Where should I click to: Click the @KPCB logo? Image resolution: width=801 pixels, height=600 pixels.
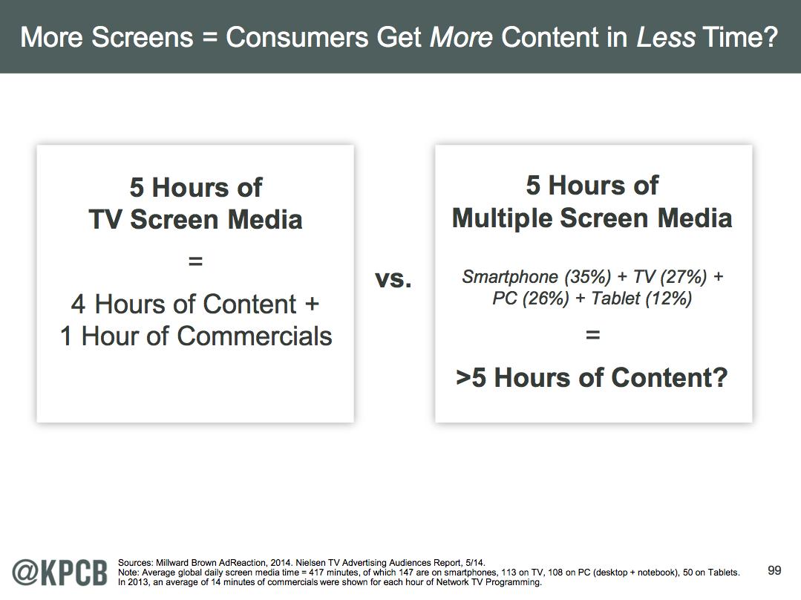coord(60,573)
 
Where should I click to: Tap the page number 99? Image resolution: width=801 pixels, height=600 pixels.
coord(774,570)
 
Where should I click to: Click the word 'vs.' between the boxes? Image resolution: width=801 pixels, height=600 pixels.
coord(393,279)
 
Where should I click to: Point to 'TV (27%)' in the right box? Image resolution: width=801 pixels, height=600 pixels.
coord(670,276)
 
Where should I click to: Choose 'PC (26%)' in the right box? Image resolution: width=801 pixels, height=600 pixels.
coord(531,298)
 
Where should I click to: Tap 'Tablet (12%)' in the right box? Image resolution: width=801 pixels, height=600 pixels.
coord(641,298)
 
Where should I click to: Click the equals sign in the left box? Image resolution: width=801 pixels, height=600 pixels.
coord(196,261)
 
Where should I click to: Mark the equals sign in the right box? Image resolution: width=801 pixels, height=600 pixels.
coord(592,335)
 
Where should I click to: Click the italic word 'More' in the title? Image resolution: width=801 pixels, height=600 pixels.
coord(461,37)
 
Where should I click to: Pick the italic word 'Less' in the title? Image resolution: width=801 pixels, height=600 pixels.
coord(666,37)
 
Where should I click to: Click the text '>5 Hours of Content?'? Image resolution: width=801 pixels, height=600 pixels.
coord(592,378)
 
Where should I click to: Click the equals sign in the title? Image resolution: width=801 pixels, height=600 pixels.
coord(209,38)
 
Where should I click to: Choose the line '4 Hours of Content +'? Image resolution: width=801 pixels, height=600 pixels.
coord(195,304)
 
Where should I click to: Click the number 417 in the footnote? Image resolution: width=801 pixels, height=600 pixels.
coord(317,573)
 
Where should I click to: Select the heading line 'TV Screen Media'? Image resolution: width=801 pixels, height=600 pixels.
coord(196,219)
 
